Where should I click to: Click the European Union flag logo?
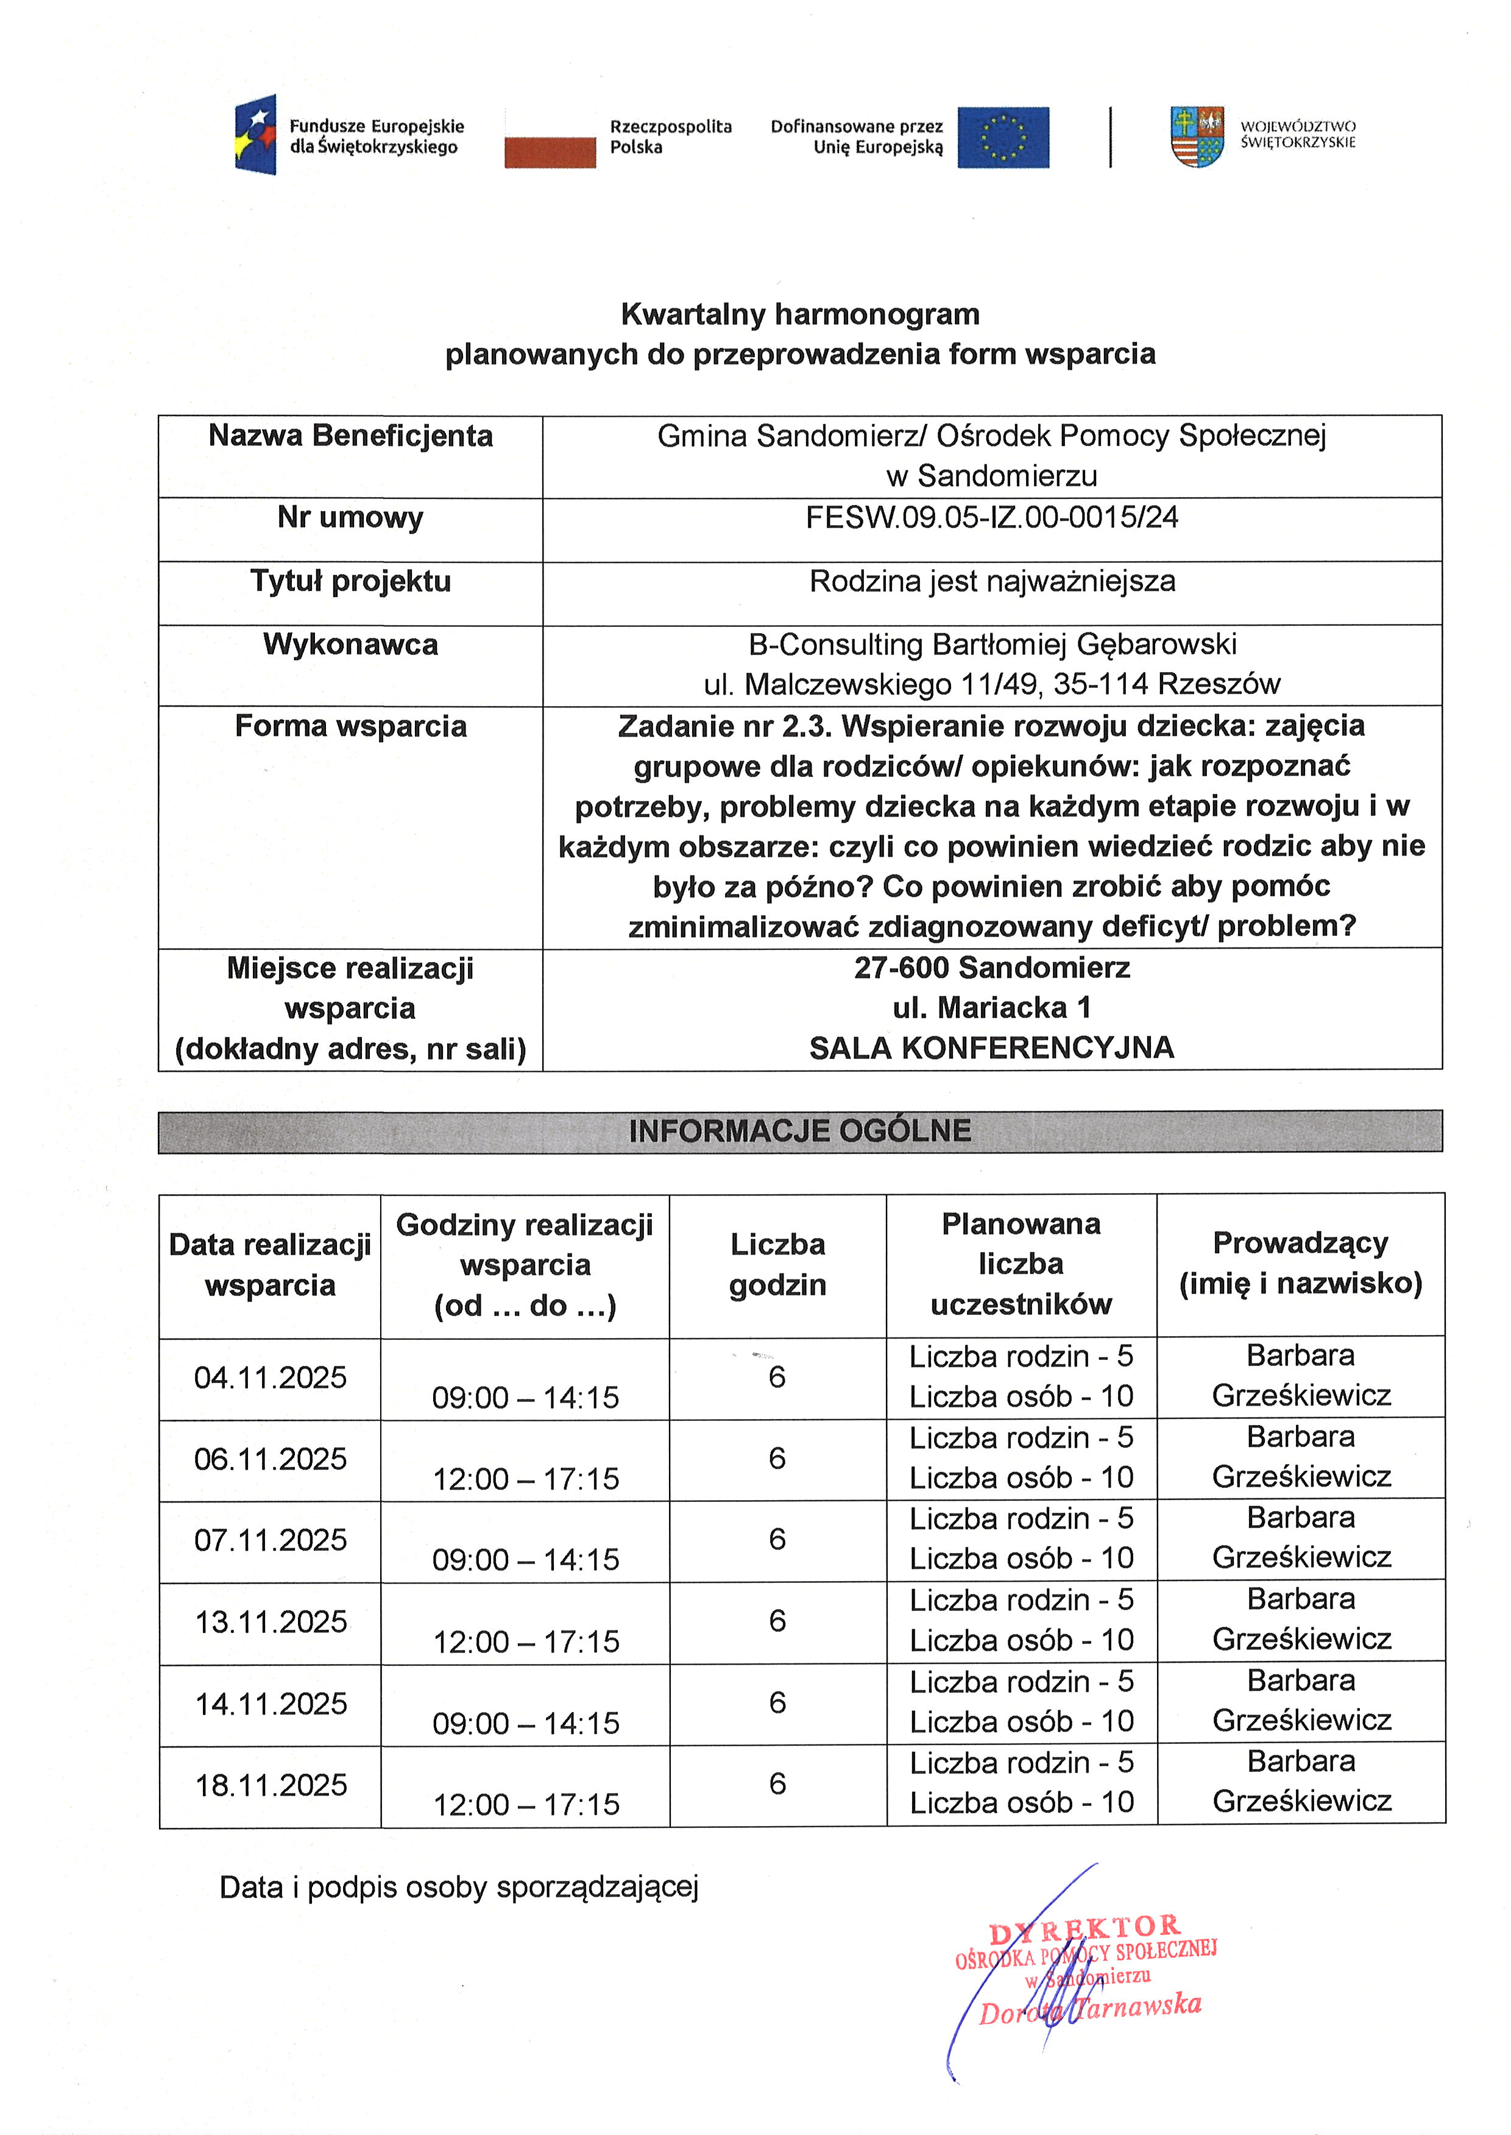tap(1003, 138)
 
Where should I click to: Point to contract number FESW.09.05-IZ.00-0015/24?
tap(992, 517)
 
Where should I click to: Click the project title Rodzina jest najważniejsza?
tap(992, 581)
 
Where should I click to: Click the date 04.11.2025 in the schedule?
tap(270, 1378)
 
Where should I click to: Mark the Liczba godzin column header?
tap(778, 1264)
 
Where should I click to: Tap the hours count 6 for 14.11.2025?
tap(778, 1702)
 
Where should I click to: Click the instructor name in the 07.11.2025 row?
tap(1301, 1538)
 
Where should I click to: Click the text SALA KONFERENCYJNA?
tap(992, 1049)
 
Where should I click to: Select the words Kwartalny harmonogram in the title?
tap(800, 314)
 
